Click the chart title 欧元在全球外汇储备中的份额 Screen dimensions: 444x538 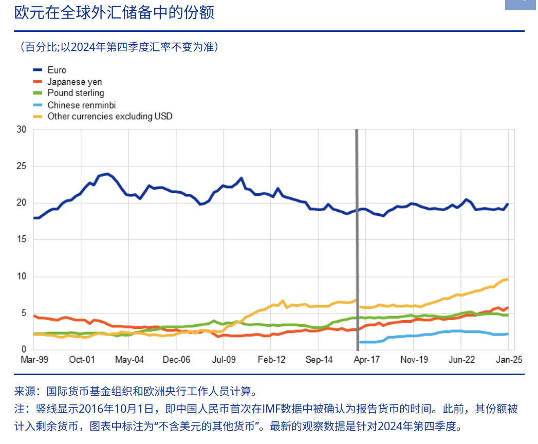(114, 12)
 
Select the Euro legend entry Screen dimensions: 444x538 (57, 70)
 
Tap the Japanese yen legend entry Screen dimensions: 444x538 (75, 82)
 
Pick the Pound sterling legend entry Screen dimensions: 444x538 (76, 93)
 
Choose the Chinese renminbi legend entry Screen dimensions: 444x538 (81, 105)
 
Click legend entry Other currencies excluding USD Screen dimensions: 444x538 (109, 116)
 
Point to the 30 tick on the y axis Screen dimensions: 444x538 (21, 129)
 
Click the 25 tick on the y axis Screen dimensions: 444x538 (21, 166)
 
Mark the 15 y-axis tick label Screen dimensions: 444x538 (21, 239)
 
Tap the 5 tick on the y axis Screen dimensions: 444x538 (23, 313)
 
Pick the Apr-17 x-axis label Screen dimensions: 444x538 (367, 360)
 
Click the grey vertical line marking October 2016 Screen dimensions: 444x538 (357, 231)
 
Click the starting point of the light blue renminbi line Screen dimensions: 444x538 (361, 342)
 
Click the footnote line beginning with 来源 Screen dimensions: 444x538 (135, 392)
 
